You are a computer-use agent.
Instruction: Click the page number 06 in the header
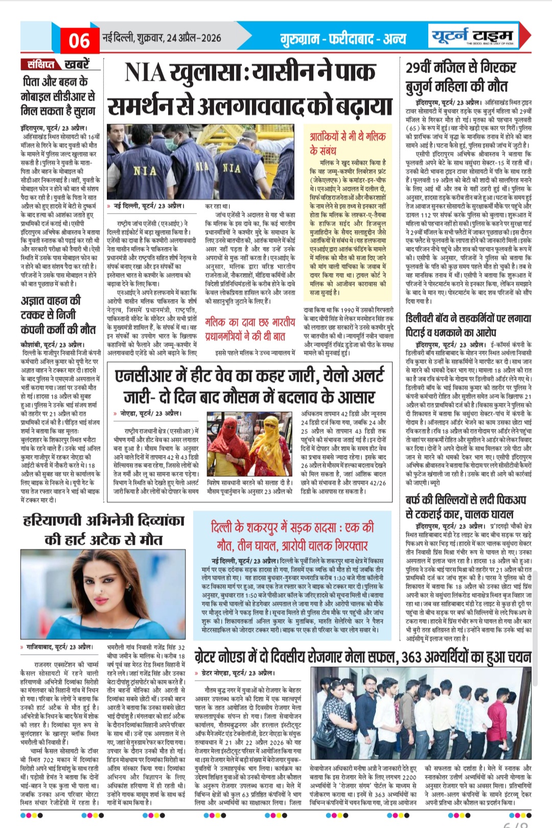pyautogui.click(x=79, y=40)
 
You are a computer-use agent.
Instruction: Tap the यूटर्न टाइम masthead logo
pyautogui.click(x=471, y=36)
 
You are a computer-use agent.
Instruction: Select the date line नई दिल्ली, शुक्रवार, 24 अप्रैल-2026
pyautogui.click(x=162, y=38)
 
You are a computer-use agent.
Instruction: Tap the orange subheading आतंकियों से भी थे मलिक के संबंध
pyautogui.click(x=347, y=143)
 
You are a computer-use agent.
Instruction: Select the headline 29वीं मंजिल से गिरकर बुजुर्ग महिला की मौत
pyautogui.click(x=460, y=77)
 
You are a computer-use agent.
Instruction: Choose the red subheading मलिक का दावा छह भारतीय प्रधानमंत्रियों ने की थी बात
pyautogui.click(x=250, y=329)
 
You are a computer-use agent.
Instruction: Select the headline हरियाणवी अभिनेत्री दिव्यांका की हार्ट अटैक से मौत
pyautogui.click(x=104, y=530)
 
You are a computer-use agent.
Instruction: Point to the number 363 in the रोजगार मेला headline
pyautogui.click(x=416, y=657)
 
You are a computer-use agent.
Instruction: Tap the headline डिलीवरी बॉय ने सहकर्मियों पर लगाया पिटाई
pyautogui.click(x=468, y=325)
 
